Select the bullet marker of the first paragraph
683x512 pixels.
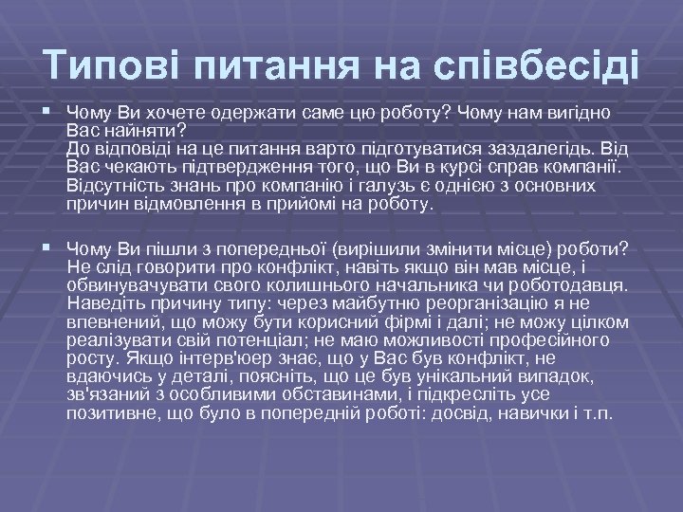click(x=48, y=114)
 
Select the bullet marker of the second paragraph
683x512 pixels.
click(x=48, y=249)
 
